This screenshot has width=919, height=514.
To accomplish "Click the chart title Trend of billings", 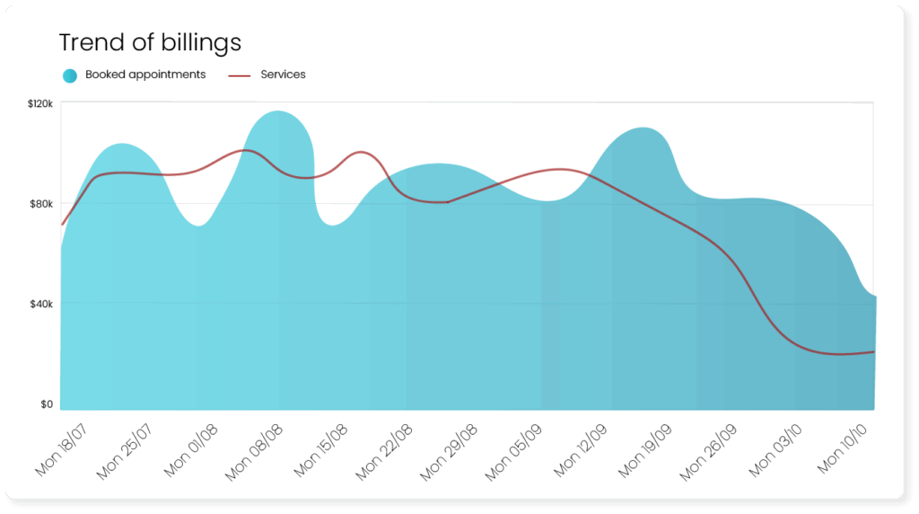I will pyautogui.click(x=150, y=42).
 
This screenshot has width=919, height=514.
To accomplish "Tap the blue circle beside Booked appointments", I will pyautogui.click(x=70, y=75).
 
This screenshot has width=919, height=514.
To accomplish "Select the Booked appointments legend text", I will pyautogui.click(x=145, y=75).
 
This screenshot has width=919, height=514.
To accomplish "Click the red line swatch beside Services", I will pyautogui.click(x=240, y=75).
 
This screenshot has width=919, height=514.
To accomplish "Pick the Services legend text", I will pyautogui.click(x=283, y=75).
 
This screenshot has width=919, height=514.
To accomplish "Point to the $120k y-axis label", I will pyautogui.click(x=40, y=104).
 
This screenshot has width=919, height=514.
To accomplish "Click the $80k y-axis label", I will pyautogui.click(x=42, y=204).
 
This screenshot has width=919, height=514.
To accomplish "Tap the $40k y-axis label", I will pyautogui.click(x=42, y=304).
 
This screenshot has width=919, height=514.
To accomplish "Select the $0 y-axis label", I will pyautogui.click(x=47, y=404).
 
